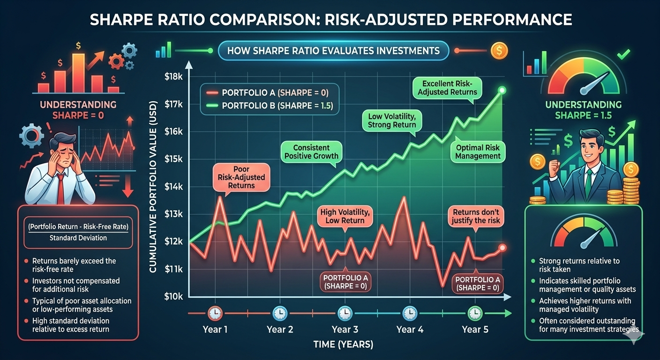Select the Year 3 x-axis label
coord(345,329)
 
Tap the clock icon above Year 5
coord(475,312)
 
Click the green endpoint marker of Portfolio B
coord(502,90)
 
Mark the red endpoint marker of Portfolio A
coord(502,247)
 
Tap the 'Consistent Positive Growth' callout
coord(311,151)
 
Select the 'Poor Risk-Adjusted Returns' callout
coord(241,177)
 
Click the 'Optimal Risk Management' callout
coord(478,151)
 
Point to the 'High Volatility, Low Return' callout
coord(345,216)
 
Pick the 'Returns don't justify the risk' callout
coord(476,216)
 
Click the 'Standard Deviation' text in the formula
coord(78,238)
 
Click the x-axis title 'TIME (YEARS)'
coord(344,345)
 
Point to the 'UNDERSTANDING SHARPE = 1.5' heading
coord(583,110)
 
